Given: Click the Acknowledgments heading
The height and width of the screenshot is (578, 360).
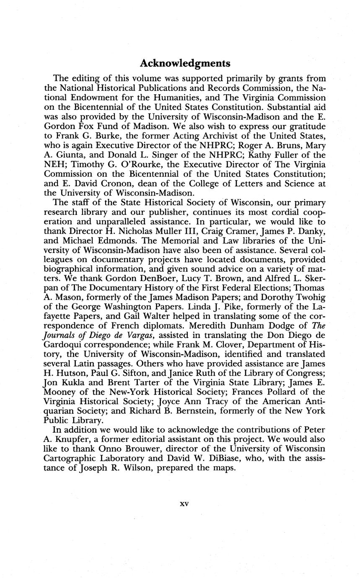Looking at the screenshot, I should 185,63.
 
